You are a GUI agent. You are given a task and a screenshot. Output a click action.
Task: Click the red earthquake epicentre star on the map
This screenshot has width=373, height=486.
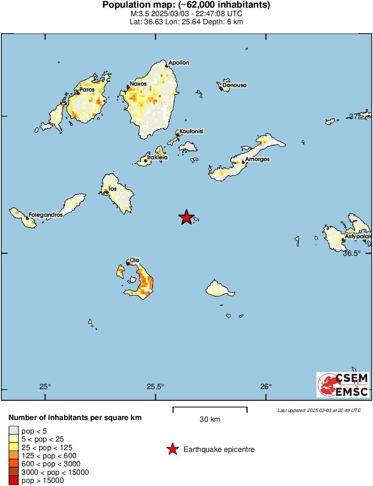[186, 218]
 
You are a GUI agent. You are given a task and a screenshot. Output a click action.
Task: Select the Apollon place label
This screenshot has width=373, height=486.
[179, 63]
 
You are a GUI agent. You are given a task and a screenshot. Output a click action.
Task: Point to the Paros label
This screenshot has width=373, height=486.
[87, 90]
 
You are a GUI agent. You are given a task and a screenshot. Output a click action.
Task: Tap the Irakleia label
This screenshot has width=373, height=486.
[158, 158]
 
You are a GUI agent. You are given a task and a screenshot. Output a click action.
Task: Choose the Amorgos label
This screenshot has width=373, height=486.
[257, 159]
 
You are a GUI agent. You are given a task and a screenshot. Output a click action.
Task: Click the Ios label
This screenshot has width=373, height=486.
[113, 189]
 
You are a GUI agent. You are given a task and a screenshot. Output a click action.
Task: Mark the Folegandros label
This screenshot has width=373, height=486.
[45, 215]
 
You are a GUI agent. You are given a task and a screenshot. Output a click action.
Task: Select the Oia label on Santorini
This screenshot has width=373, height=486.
[135, 260]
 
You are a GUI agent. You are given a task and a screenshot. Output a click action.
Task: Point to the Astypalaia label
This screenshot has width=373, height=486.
[358, 236]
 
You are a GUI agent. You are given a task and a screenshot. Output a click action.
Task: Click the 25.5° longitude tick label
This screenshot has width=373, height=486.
[155, 387]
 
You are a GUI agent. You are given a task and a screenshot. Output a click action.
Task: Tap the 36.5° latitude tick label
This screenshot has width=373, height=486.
[351, 253]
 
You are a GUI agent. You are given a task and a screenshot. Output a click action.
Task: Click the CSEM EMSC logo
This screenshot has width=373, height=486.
[343, 385]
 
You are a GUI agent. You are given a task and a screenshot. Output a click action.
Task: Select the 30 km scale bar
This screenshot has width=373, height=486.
[210, 409]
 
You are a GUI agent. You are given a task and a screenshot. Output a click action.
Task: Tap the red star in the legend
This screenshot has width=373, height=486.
[172, 449]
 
